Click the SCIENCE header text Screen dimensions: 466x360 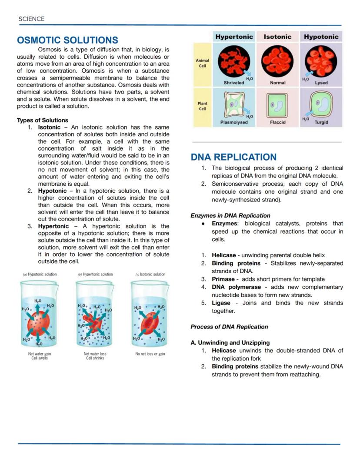point(31,19)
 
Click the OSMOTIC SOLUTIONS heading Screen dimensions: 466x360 point(67,40)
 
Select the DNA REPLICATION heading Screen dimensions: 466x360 point(233,157)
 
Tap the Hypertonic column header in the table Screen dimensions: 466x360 point(234,37)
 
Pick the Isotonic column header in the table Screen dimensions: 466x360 point(277,37)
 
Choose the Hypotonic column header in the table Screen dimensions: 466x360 point(321,37)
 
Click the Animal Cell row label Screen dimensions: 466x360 point(203,64)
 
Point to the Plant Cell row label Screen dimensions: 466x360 point(203,106)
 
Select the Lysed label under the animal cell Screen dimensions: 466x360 point(321,83)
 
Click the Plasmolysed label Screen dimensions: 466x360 point(233,122)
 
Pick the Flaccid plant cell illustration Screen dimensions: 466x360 point(277,105)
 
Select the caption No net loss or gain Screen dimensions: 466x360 point(150,354)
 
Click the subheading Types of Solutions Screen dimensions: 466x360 point(43,120)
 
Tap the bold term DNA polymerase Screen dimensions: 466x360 point(236,287)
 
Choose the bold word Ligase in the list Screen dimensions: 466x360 point(221,303)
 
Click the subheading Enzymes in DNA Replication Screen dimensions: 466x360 point(230,215)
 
